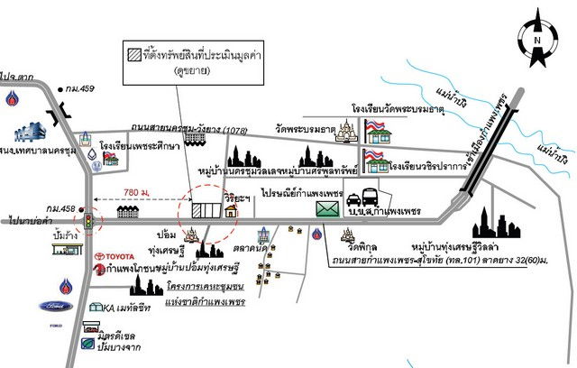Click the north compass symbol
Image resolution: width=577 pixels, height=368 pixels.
click(x=536, y=39)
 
